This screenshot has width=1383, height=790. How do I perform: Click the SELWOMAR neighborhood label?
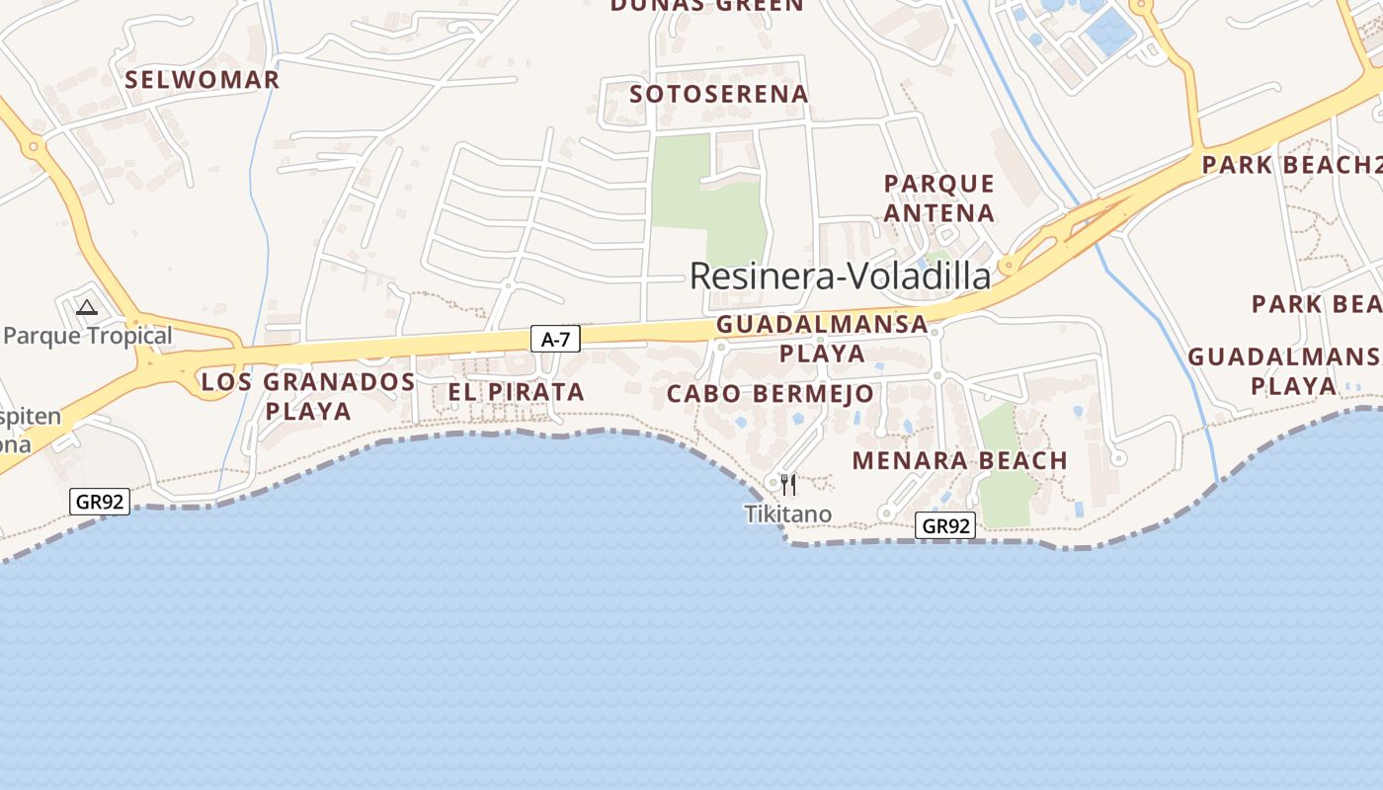click(x=203, y=80)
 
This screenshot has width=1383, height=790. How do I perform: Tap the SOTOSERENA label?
click(x=719, y=94)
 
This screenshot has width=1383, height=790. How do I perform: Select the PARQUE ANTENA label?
click(x=938, y=198)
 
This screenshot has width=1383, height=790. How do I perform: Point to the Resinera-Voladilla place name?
click(x=840, y=276)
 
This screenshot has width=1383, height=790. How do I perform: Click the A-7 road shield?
click(x=556, y=340)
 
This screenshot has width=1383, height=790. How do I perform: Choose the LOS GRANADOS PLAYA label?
click(x=308, y=396)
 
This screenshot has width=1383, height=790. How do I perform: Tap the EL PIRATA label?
click(x=516, y=392)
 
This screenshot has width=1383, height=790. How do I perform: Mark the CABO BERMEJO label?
click(x=771, y=394)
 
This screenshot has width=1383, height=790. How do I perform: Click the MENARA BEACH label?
click(x=959, y=460)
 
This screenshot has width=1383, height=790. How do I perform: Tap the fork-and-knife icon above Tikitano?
click(x=787, y=484)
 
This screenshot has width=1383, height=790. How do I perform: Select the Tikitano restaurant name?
click(x=787, y=513)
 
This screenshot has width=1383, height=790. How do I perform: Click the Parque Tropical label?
click(x=87, y=336)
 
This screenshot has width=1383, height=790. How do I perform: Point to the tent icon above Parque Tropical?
click(x=87, y=308)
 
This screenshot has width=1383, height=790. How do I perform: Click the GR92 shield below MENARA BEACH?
click(x=946, y=525)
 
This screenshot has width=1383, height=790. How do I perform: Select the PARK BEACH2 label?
click(x=1289, y=165)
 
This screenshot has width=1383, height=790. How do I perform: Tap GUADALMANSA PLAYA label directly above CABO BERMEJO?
click(x=822, y=338)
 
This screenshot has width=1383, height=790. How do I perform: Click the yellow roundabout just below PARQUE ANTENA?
click(x=1007, y=265)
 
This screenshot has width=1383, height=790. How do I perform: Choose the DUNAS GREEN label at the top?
click(x=707, y=6)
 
